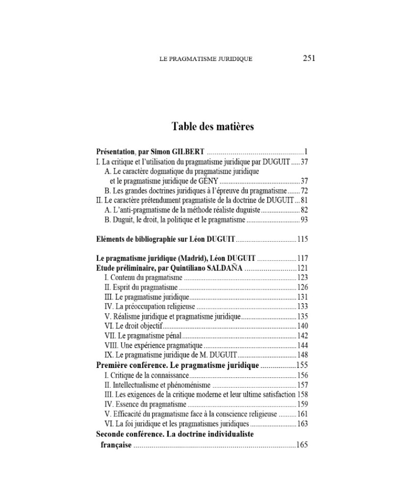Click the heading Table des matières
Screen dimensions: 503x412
click(x=212, y=127)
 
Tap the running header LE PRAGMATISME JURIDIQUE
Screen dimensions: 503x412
click(x=206, y=59)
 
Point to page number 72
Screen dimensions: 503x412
click(x=304, y=191)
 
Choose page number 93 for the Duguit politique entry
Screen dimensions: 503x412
click(x=304, y=220)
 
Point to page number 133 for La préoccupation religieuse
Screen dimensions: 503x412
click(x=302, y=307)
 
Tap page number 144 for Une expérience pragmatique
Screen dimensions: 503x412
click(x=302, y=345)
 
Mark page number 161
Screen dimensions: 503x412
click(x=302, y=414)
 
